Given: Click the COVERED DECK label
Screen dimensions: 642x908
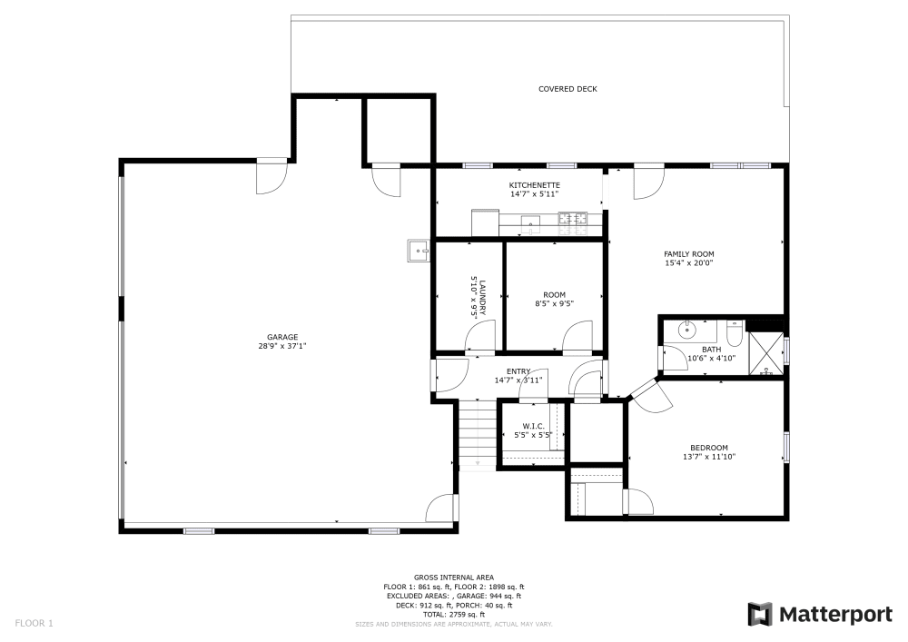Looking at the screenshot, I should pyautogui.click(x=567, y=89).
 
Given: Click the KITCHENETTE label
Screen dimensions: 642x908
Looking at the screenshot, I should pyautogui.click(x=533, y=185).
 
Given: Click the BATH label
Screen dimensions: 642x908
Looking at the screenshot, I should pyautogui.click(x=711, y=349).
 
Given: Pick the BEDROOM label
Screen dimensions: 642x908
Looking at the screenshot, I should pyautogui.click(x=708, y=448).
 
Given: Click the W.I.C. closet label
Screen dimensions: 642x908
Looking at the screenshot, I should pyautogui.click(x=533, y=427).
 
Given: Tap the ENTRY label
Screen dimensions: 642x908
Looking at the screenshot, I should pyautogui.click(x=518, y=371).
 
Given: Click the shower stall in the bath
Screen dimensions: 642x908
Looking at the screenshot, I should pyautogui.click(x=765, y=353).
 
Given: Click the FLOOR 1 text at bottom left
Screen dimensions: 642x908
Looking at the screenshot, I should pyautogui.click(x=35, y=623).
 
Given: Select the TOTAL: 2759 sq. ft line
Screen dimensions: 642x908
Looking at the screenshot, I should pyautogui.click(x=453, y=615).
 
